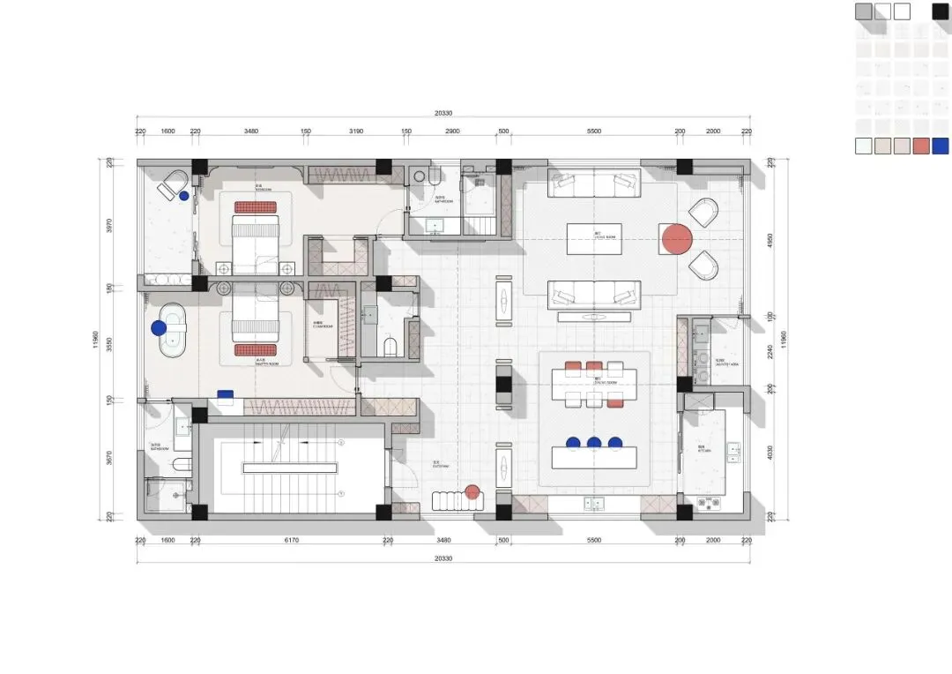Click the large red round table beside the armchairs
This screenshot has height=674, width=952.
point(676,239)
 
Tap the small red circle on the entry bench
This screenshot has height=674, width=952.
point(472,492)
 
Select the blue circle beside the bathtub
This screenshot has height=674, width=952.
point(159,328)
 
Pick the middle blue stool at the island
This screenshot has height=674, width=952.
point(594,443)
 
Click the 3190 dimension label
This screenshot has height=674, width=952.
point(356,131)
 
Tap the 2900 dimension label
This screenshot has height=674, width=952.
point(451,131)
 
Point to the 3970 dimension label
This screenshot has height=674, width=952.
point(109,225)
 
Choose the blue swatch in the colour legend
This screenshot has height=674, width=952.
point(941,146)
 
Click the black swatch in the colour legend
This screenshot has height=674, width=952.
point(941,11)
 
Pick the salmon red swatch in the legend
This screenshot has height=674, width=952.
point(921,146)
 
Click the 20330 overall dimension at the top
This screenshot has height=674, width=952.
point(443,113)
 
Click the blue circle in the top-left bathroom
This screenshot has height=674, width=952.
point(184,196)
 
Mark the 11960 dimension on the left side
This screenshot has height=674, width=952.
point(96,339)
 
